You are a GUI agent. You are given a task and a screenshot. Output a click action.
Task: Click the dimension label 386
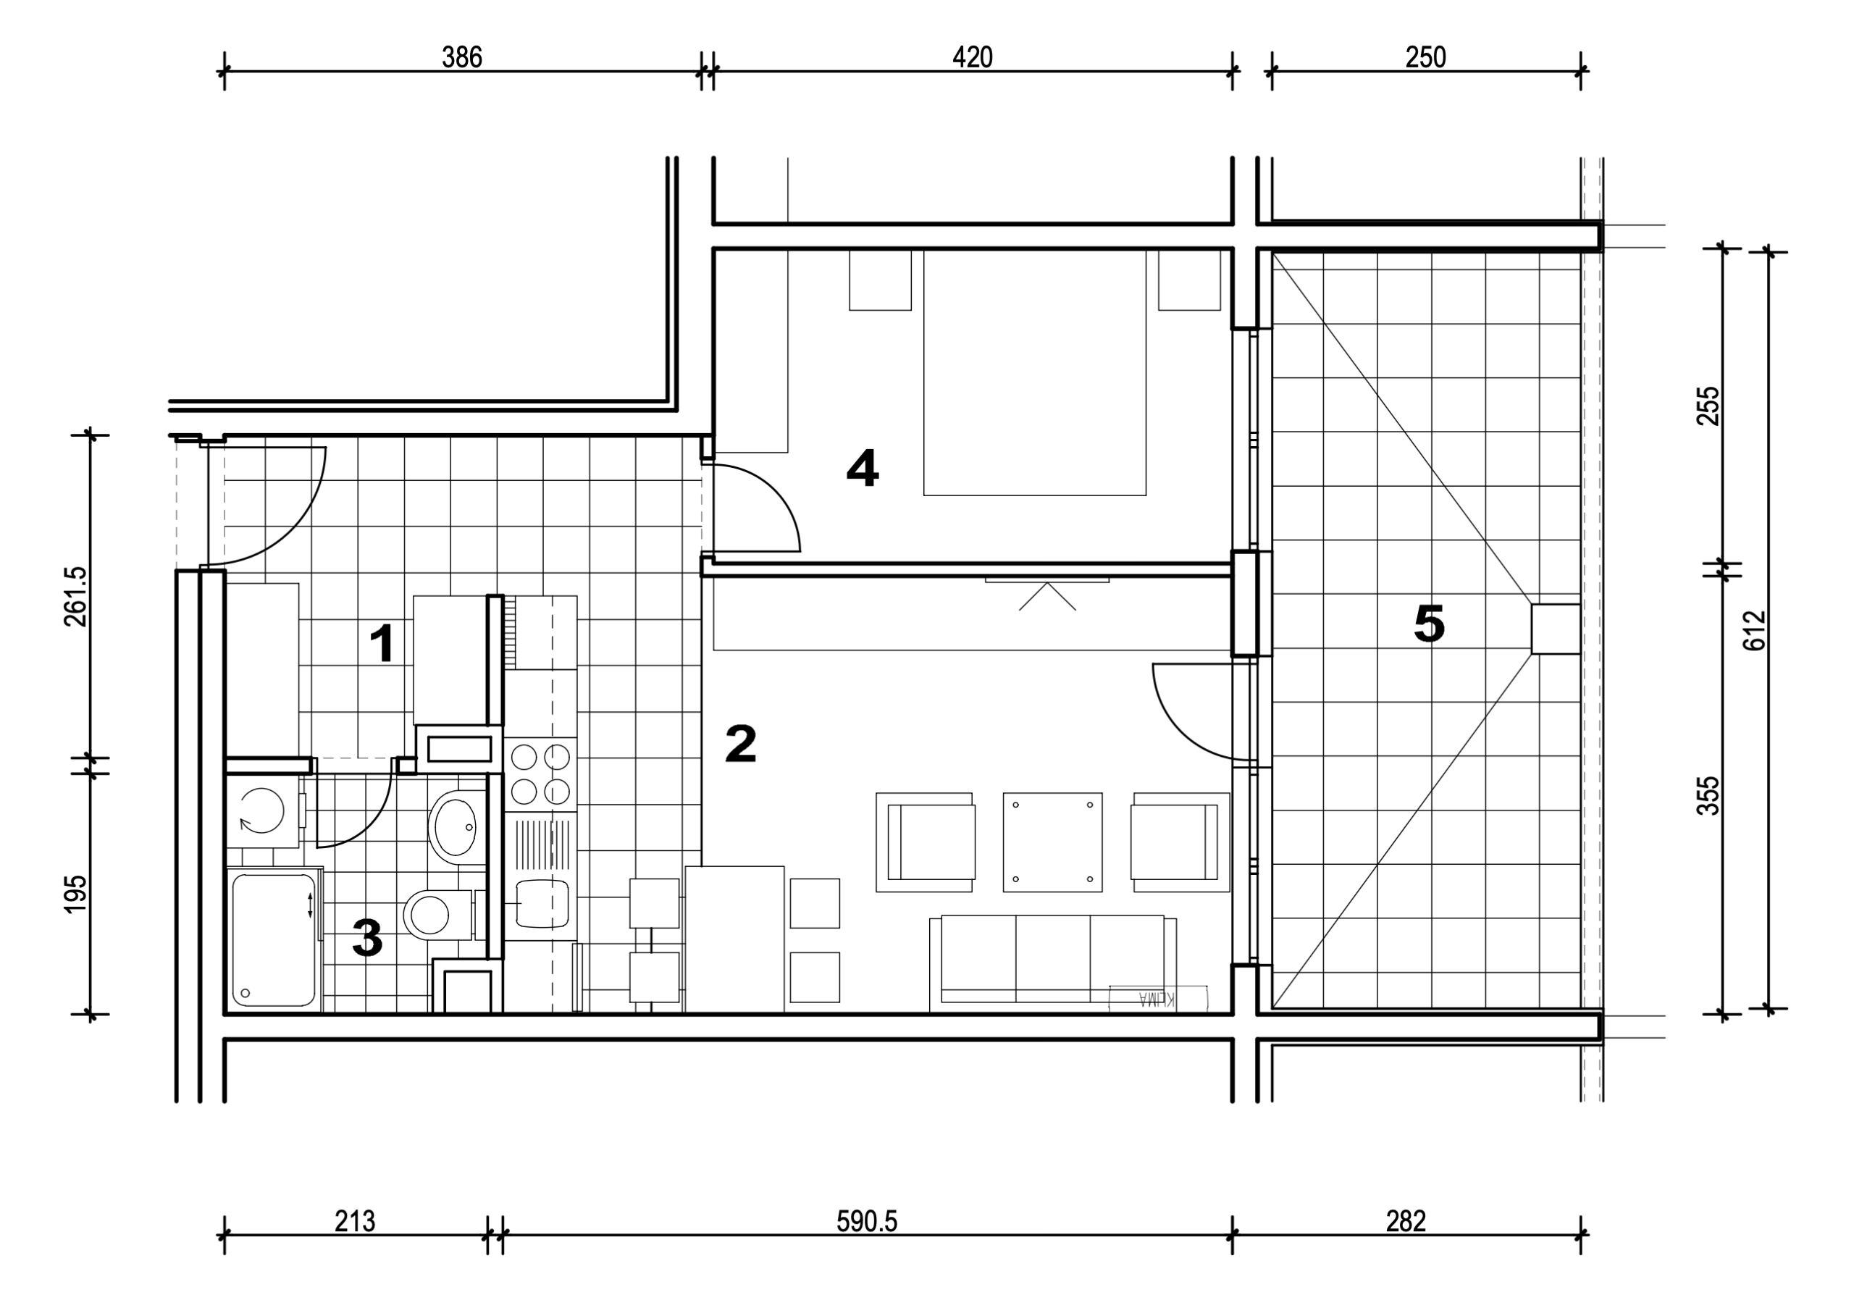(462, 56)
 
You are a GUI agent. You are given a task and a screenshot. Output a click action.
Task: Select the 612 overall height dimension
(1753, 629)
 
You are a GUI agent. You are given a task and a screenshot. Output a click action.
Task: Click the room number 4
(862, 469)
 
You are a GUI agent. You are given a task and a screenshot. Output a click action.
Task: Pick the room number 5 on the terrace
(1430, 624)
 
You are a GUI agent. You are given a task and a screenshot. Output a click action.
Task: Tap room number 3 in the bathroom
(367, 938)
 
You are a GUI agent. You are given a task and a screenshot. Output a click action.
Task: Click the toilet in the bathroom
(437, 915)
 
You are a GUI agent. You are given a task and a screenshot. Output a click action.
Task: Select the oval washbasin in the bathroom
(454, 826)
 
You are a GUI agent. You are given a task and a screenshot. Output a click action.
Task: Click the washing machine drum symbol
(261, 810)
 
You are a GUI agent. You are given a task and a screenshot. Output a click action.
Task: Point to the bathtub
(274, 939)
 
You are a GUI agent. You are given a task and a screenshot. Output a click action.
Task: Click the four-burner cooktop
(540, 773)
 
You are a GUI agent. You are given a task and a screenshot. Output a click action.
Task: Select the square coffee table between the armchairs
(1052, 842)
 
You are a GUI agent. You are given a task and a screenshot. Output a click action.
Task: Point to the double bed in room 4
(1035, 373)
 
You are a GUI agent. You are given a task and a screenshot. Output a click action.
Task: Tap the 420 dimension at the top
(973, 56)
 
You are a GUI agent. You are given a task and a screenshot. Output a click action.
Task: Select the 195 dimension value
(75, 894)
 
